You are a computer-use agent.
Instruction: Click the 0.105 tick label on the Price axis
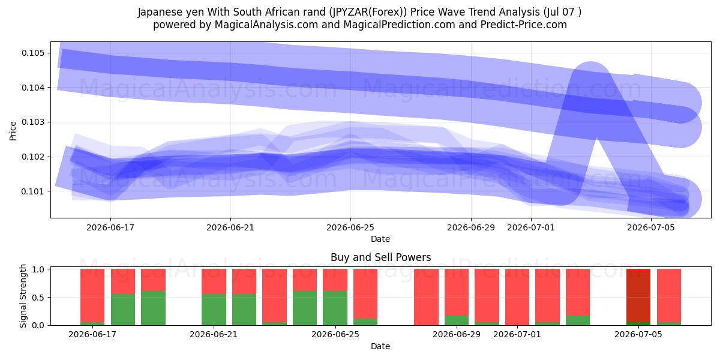point(33,53)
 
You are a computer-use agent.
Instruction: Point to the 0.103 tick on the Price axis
point(33,122)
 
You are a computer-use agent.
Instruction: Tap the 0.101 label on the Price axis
point(33,191)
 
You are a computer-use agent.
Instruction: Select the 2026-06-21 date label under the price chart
point(230,227)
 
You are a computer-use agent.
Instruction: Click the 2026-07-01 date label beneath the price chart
point(530,227)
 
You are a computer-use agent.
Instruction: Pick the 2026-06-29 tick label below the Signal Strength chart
point(457,334)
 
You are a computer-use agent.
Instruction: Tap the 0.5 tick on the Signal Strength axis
point(38,298)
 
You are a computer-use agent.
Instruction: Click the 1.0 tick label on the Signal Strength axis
point(38,269)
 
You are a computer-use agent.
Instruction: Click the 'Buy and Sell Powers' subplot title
point(380,257)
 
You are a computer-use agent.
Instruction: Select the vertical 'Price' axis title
point(13,131)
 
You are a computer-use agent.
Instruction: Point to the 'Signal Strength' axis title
point(23,296)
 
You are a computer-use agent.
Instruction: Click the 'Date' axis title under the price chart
point(380,239)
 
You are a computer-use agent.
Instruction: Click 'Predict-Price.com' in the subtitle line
point(524,25)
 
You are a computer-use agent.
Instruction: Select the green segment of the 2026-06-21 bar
point(214,310)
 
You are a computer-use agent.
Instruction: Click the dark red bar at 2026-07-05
point(638,297)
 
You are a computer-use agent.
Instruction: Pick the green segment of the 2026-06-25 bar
point(335,308)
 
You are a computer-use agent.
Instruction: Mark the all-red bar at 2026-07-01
point(517,297)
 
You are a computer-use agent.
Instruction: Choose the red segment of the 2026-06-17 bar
point(92,295)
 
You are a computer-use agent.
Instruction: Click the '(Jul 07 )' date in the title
point(563,12)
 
